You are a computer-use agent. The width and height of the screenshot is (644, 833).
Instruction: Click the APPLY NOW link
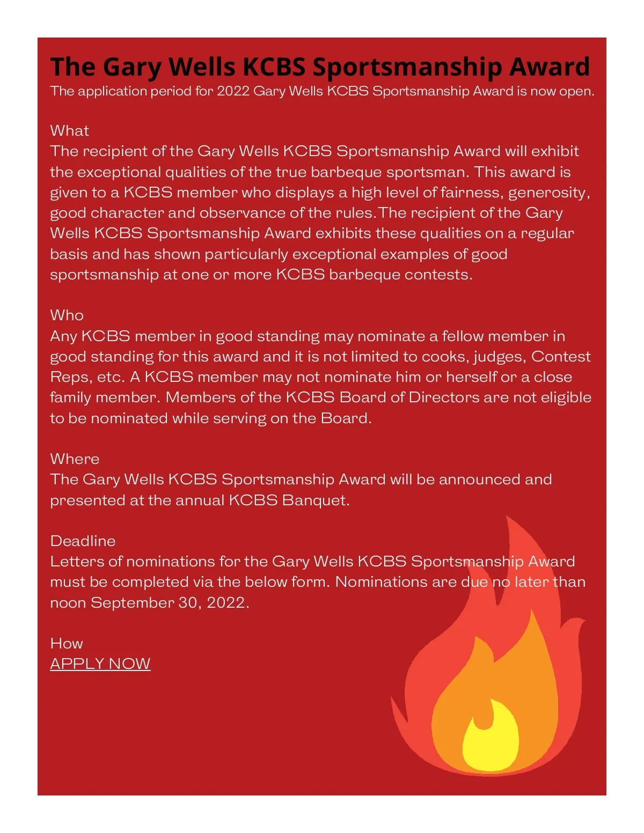click(100, 664)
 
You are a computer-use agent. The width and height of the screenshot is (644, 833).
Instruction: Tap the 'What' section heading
click(69, 131)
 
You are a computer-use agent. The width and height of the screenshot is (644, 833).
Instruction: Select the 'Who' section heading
click(67, 315)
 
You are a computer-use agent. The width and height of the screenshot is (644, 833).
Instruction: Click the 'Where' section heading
click(75, 459)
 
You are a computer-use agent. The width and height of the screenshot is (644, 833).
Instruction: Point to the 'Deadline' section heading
click(83, 541)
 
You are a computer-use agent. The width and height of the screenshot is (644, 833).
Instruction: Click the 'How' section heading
click(67, 643)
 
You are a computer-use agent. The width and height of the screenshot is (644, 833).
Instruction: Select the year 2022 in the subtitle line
click(233, 91)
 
